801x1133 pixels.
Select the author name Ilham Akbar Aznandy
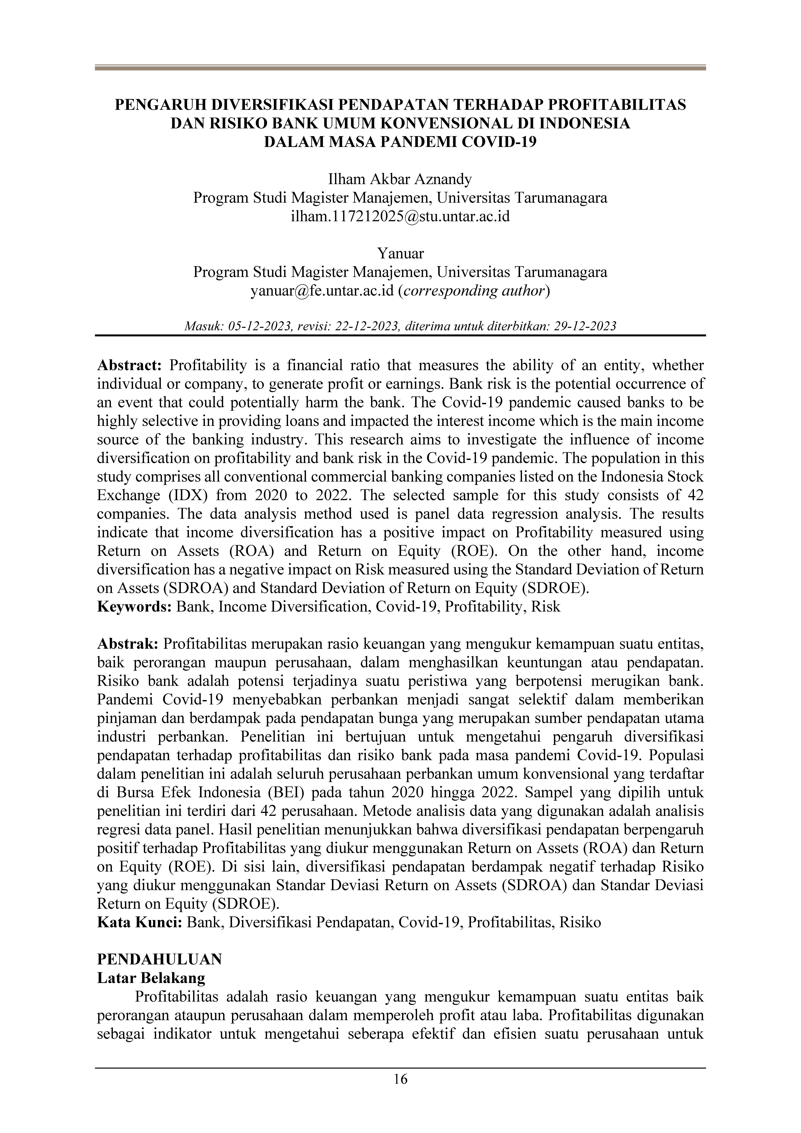(400, 179)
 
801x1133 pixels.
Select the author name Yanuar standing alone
(400, 253)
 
